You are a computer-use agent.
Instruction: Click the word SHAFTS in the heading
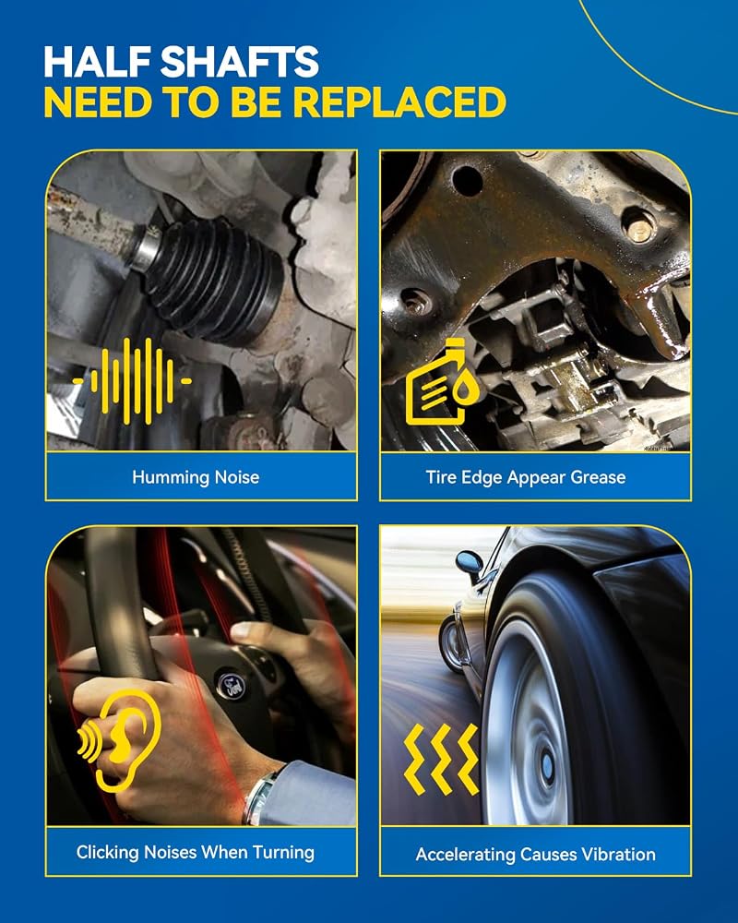(x=240, y=61)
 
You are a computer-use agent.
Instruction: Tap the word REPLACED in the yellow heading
(x=399, y=102)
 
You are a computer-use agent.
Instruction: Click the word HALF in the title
(x=99, y=61)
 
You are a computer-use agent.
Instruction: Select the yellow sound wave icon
(x=133, y=381)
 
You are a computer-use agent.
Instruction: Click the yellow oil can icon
(x=442, y=381)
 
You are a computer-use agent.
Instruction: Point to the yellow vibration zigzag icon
(x=441, y=760)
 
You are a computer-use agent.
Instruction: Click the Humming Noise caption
(x=196, y=477)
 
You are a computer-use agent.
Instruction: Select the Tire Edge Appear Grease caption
(x=526, y=477)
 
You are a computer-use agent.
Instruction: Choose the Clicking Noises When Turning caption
(x=196, y=852)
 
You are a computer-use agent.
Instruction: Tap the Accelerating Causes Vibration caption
(x=536, y=854)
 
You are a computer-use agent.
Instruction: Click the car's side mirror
(x=469, y=563)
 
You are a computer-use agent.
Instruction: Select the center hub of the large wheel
(x=545, y=766)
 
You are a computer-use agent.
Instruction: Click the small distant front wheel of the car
(x=452, y=644)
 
